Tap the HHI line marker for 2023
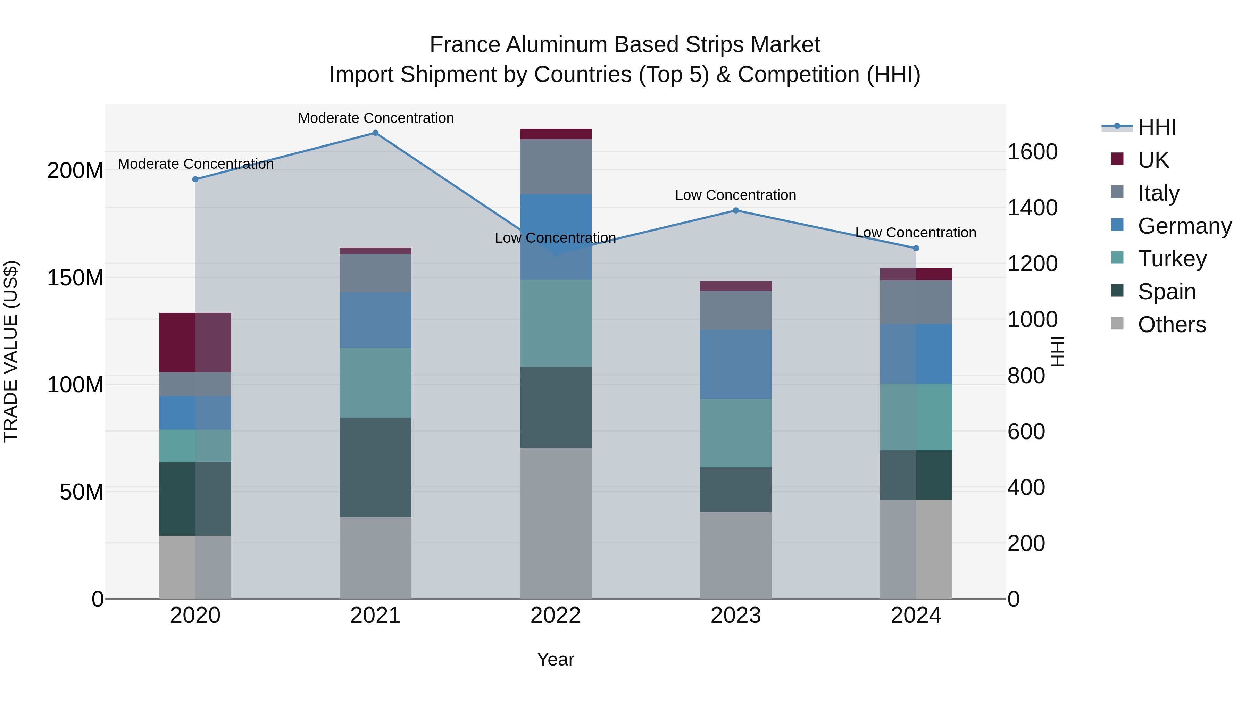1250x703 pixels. [736, 211]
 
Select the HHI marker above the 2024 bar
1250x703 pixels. [916, 249]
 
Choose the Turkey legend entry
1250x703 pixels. [1172, 259]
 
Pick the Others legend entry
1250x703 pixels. [1172, 325]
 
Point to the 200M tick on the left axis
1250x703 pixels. [75, 171]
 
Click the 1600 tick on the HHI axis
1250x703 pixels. [1032, 152]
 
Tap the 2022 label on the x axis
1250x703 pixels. [556, 616]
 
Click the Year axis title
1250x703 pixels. [556, 659]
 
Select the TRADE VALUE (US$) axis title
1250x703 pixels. [11, 352]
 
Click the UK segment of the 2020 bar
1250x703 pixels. [195, 343]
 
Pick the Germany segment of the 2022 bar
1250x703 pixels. [556, 237]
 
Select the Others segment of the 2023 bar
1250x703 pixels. [736, 555]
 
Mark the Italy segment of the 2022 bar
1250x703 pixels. [556, 167]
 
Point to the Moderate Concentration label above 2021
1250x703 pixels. [376, 118]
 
